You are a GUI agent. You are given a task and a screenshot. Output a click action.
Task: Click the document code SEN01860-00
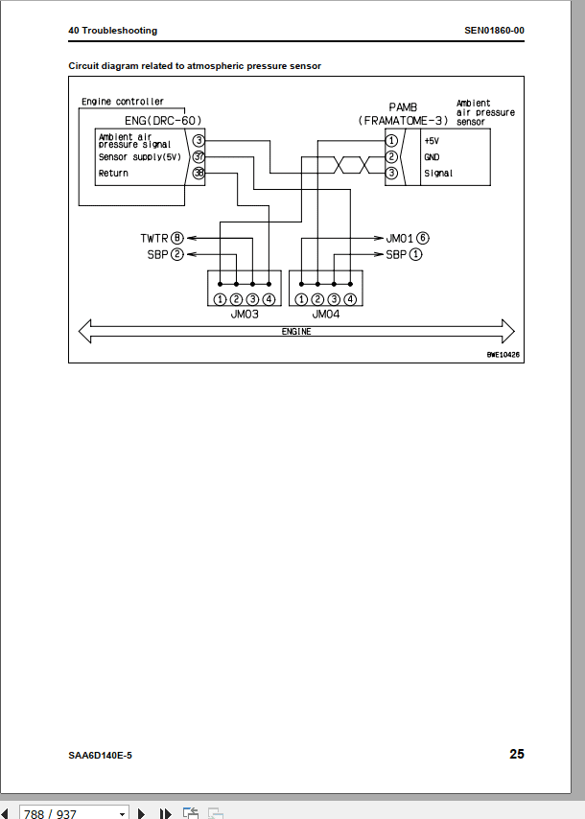[x=494, y=31]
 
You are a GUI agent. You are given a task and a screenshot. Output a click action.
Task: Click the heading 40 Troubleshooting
[x=112, y=31]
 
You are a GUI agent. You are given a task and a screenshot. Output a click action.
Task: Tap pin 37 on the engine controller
[x=199, y=156]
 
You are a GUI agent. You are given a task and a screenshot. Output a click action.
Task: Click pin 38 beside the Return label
[x=199, y=174]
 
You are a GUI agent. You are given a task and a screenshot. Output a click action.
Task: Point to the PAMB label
[x=404, y=106]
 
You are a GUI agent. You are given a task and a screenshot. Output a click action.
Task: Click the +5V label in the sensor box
[x=433, y=141]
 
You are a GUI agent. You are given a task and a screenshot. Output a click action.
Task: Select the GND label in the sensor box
[x=433, y=157]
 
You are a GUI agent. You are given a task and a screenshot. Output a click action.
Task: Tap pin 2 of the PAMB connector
[x=391, y=156]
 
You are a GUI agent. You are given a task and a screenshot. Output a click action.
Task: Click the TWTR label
[x=154, y=237]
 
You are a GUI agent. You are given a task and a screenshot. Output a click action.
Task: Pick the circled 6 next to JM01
[x=422, y=237]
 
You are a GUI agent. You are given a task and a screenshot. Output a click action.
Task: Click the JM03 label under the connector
[x=245, y=314]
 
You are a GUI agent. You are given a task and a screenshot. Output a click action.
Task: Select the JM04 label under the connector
[x=326, y=314]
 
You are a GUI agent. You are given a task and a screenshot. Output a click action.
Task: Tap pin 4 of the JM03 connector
[x=269, y=299]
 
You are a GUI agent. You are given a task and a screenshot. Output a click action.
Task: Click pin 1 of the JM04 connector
[x=302, y=299]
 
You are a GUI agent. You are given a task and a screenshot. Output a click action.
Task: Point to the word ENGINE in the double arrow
[x=296, y=332]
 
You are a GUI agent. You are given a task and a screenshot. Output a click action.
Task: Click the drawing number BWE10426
[x=503, y=355]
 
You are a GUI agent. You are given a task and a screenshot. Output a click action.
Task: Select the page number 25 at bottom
[x=516, y=755]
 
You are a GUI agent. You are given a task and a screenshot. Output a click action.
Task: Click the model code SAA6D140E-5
[x=100, y=756]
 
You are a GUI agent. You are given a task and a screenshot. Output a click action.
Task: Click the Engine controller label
[x=123, y=102]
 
